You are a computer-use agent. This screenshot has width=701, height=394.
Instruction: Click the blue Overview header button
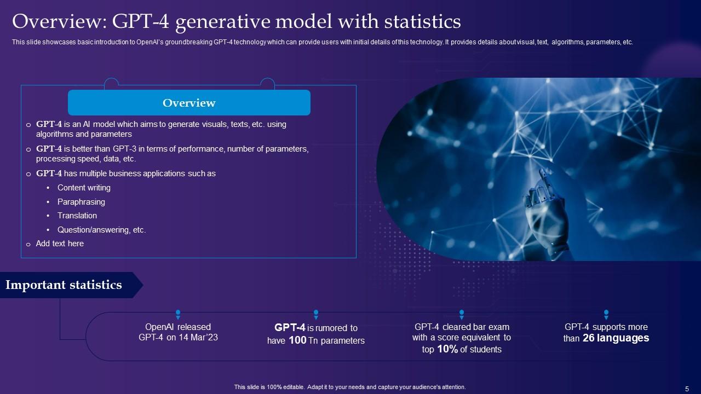coord(189,102)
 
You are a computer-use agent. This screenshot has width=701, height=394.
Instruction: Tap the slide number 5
coord(687,389)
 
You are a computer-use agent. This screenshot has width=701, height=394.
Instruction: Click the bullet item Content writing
coord(84,188)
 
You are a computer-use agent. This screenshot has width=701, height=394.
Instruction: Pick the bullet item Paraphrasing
coord(81,202)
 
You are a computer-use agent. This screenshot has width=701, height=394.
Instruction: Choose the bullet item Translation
coord(77,216)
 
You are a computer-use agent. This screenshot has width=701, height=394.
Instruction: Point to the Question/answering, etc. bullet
coord(102,230)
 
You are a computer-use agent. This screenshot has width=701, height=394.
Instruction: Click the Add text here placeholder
coord(60,244)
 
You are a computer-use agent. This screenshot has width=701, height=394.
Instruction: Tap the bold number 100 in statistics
coord(297,340)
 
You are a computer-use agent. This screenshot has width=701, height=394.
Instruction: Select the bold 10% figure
coord(447,349)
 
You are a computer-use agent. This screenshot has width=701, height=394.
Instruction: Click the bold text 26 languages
coord(616,338)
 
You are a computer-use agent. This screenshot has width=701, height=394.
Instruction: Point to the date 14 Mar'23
coord(198,338)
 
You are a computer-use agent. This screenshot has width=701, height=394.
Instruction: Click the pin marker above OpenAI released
coord(178,314)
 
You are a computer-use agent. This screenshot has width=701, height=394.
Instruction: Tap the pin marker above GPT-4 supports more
coord(606,314)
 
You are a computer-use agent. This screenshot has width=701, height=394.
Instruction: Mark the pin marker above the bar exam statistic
coord(462,314)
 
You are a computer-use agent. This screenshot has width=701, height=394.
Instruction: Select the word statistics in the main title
coord(422,21)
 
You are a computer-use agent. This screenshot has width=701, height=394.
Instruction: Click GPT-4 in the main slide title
coord(141,21)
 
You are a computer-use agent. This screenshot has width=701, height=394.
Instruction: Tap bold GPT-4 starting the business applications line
coord(49,173)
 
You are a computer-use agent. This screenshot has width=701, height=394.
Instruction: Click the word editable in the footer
coord(294,387)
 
